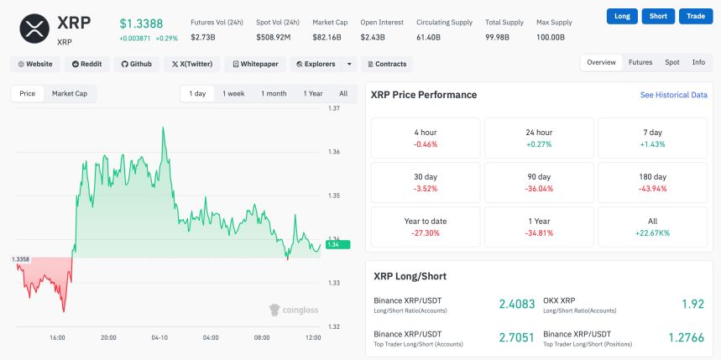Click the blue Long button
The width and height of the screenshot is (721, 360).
[622, 16]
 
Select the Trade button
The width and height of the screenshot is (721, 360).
[695, 16]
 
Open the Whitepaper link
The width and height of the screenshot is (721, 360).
[255, 64]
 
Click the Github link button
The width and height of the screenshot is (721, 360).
[135, 64]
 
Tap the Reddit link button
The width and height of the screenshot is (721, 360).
[86, 64]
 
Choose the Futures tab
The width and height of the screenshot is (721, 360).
[640, 63]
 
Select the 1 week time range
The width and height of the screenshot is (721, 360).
[233, 94]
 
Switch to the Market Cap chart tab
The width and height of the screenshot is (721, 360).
[69, 94]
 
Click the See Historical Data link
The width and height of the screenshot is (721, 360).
[673, 96]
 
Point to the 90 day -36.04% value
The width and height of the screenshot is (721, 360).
[538, 189]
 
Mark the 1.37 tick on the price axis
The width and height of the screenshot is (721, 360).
[334, 109]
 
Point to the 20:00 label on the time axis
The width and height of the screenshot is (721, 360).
[108, 338]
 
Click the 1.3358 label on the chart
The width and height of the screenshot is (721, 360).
[21, 259]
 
